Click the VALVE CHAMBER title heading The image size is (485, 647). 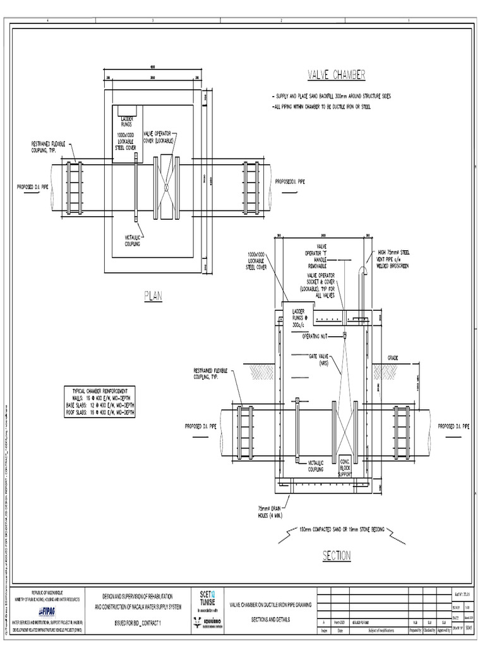coord(336,75)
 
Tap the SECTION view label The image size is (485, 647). coord(337,555)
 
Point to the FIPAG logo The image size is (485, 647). coord(46,611)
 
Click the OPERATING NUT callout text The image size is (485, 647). coord(316,336)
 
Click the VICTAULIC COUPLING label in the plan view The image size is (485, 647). coord(132,240)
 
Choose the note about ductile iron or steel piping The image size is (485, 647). coord(322,107)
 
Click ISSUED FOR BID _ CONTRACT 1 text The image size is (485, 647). coord(138,623)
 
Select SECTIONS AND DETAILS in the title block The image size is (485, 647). coord(272,619)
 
